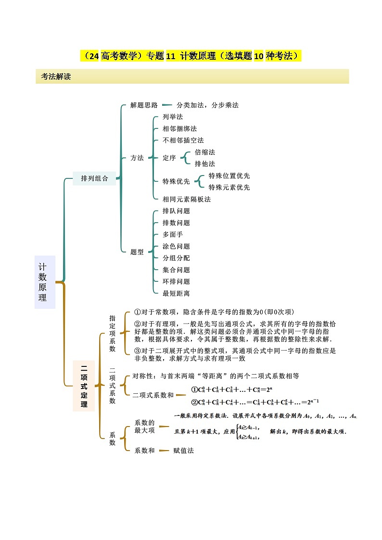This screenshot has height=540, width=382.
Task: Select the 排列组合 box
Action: [x=94, y=178]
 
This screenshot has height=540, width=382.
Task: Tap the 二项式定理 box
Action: [x=84, y=386]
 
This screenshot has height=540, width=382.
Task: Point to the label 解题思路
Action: [x=144, y=105]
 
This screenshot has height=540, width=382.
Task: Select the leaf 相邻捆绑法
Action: [x=179, y=129]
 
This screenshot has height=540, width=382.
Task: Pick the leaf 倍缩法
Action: [x=204, y=152]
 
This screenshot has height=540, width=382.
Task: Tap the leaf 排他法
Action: [x=204, y=164]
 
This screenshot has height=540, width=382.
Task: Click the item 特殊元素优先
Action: [x=229, y=188]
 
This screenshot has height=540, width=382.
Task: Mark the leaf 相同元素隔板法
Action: [x=187, y=199]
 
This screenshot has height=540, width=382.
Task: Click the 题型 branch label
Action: [x=137, y=252]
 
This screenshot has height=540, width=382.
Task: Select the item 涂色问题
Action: [x=176, y=246]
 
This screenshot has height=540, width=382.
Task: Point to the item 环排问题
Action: [x=176, y=281]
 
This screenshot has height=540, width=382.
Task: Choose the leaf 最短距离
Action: [x=176, y=293]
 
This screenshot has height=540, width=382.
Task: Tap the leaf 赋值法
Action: [x=183, y=451]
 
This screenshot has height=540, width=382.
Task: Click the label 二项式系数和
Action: [x=153, y=395]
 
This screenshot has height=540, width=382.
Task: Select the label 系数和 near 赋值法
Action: [x=144, y=451]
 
